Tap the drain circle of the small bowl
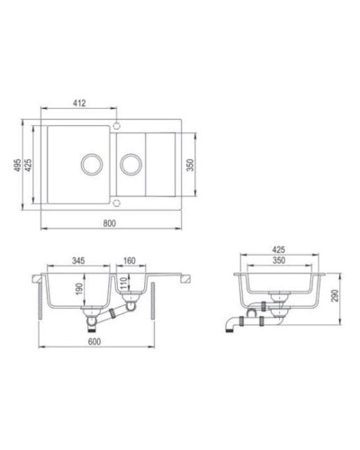(131, 164)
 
